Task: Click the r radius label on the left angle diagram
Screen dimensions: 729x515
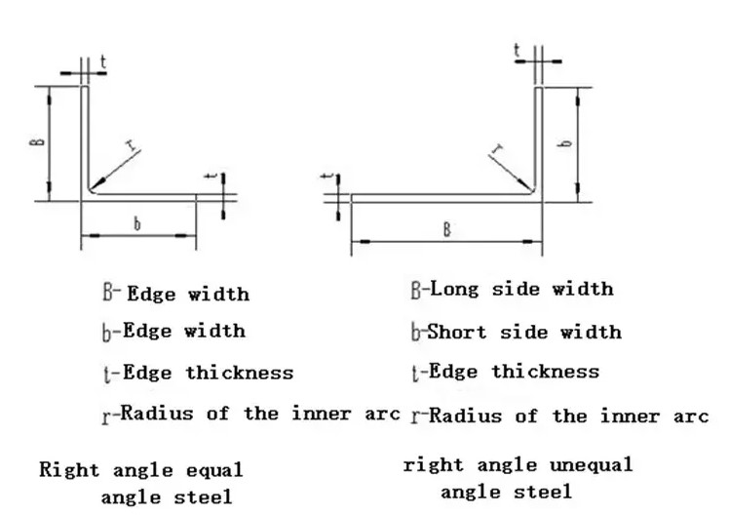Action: [133, 145]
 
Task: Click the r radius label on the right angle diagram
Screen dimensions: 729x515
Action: [497, 149]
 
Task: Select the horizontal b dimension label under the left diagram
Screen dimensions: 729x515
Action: [136, 223]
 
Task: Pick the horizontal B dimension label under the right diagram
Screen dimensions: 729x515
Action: [446, 230]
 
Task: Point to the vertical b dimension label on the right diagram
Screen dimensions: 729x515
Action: [564, 141]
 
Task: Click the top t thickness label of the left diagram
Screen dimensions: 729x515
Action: [103, 61]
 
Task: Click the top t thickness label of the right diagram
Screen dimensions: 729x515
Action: [517, 50]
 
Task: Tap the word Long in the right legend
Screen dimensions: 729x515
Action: [454, 289]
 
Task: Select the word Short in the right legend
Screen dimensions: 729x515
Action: [456, 332]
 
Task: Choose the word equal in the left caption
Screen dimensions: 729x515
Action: [214, 470]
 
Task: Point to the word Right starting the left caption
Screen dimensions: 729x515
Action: [69, 470]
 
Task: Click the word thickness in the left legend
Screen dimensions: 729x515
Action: [240, 373]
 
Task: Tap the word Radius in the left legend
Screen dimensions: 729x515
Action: [157, 414]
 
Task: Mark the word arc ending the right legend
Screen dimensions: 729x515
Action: [691, 416]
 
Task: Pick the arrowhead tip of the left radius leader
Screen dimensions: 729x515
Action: [91, 190]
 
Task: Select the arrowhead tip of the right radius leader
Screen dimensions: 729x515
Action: [532, 191]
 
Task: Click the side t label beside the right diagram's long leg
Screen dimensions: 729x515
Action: [328, 176]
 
